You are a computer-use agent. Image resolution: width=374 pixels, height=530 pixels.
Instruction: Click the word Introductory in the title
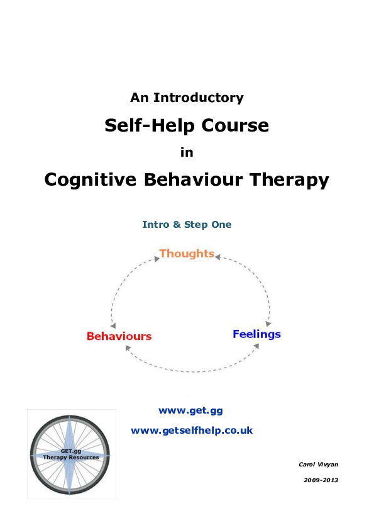(x=199, y=98)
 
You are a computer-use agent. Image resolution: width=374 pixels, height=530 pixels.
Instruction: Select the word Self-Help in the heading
(x=150, y=125)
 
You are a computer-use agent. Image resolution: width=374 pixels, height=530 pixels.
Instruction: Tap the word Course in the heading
(x=235, y=125)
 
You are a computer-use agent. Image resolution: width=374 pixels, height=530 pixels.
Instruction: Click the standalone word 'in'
(x=187, y=152)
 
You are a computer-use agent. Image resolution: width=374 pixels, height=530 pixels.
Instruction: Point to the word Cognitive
(x=90, y=180)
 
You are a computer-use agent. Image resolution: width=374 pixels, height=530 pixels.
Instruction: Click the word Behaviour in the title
(x=194, y=179)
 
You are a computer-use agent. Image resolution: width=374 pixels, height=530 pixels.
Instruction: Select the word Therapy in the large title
(x=289, y=180)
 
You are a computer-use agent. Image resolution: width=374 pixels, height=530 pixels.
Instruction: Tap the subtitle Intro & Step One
(x=187, y=225)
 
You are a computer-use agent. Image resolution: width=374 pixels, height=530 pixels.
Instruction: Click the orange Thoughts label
(x=187, y=254)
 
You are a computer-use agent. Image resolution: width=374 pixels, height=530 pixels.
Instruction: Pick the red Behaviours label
(x=119, y=336)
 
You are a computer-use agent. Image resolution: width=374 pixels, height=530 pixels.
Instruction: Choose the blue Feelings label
(x=256, y=334)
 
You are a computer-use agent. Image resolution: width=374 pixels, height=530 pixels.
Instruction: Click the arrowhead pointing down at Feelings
(x=268, y=324)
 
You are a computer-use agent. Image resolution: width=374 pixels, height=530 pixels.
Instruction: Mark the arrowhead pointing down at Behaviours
(x=113, y=325)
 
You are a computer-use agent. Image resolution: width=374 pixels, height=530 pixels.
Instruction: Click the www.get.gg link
(x=190, y=410)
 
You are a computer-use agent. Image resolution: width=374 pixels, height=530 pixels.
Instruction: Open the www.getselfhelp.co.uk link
(x=192, y=431)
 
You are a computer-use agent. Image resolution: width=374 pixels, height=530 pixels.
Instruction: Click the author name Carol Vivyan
(x=318, y=465)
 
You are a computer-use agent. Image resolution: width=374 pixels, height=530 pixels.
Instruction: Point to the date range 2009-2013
(x=321, y=480)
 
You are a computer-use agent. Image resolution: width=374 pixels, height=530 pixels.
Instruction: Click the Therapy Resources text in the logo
(x=71, y=458)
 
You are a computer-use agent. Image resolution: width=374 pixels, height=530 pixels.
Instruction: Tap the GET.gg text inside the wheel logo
(x=71, y=451)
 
